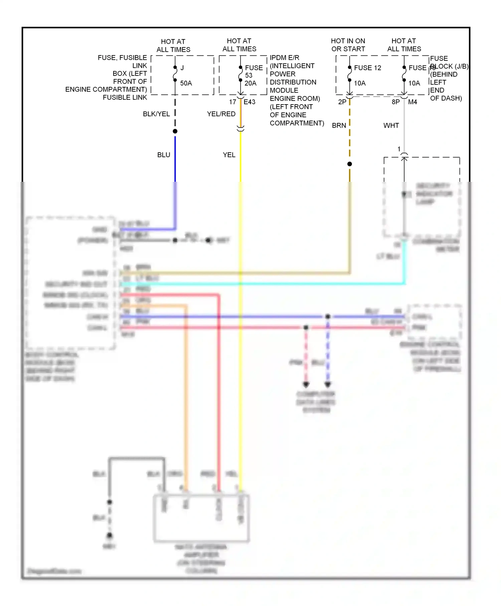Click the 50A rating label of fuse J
[186, 83]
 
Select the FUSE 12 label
[367, 68]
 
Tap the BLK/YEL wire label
[156, 114]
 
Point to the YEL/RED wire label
[221, 114]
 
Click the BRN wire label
[339, 126]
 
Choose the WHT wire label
[391, 126]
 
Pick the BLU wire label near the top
[164, 155]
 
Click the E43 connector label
[249, 102]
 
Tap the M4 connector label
[412, 102]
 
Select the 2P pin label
[342, 102]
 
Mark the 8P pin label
[395, 102]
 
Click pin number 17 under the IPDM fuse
[232, 102]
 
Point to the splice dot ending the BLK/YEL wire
[175, 131]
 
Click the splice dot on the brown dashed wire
[350, 164]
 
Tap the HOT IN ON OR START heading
[348, 45]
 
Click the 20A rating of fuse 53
[251, 83]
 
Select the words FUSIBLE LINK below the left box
[125, 98]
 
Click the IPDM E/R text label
[285, 58]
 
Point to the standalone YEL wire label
[229, 155]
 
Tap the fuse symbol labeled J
[175, 73]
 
